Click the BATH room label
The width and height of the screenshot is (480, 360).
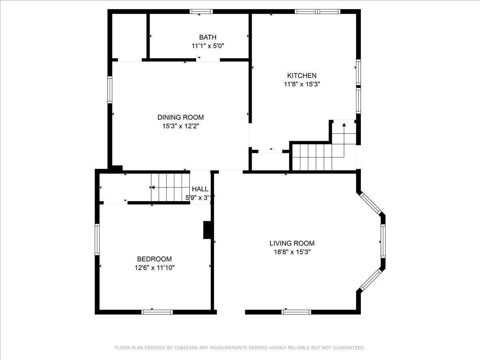[208, 37]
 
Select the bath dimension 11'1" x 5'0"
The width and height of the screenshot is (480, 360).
[208, 46]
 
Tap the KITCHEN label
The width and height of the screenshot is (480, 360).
[302, 76]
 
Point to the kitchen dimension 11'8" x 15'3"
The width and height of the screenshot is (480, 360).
[302, 84]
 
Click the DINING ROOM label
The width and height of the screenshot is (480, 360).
[180, 117]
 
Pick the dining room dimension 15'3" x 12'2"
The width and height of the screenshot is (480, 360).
[180, 126]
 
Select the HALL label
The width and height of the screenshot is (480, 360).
[200, 189]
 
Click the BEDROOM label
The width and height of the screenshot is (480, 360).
[154, 259]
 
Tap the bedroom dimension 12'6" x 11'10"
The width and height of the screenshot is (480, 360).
[154, 268]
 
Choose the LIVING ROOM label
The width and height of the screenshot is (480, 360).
[292, 243]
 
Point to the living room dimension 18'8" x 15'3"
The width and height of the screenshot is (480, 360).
[292, 252]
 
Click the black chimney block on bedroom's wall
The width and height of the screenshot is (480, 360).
[208, 230]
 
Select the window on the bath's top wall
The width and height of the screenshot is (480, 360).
[201, 12]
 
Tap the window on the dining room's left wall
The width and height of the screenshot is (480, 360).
[110, 90]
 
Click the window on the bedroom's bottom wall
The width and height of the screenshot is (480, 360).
[157, 312]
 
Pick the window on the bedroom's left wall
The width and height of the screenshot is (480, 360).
[97, 239]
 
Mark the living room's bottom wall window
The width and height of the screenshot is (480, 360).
[296, 312]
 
